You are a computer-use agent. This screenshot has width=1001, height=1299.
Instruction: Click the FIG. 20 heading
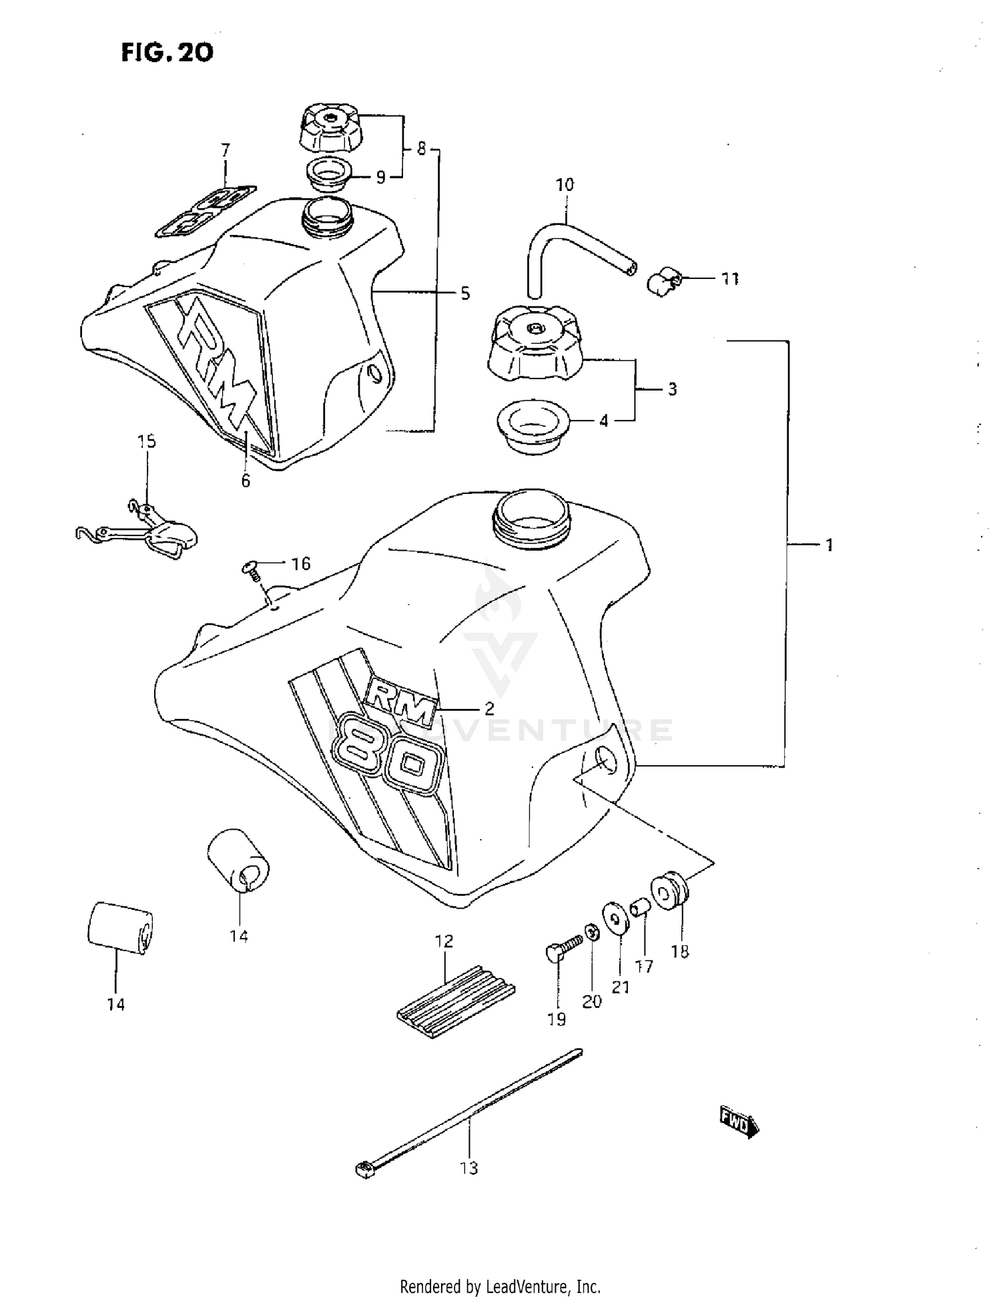(x=167, y=52)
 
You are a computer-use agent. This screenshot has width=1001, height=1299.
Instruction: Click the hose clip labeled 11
(x=664, y=282)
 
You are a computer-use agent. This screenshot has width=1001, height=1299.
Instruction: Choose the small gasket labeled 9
(x=328, y=176)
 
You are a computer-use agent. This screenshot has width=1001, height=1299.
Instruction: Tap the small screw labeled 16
(x=250, y=569)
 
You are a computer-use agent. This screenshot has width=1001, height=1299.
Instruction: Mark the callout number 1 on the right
(x=829, y=545)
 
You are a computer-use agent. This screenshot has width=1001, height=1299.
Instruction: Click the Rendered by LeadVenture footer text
(x=500, y=1286)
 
